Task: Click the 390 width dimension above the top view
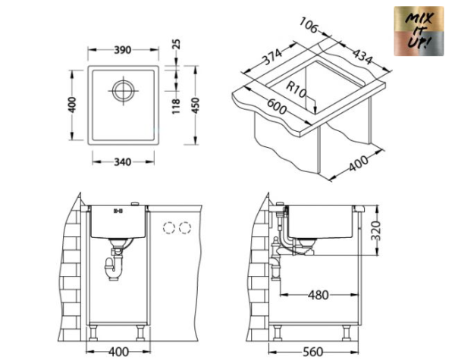(x=122, y=50)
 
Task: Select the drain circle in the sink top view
(x=123, y=90)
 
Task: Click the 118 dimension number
(x=177, y=106)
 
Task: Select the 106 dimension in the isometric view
(x=308, y=27)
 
